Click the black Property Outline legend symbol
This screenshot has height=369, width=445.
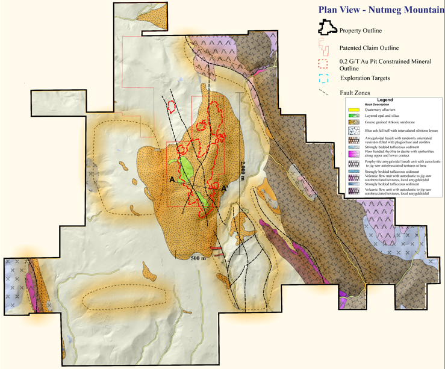(326, 29)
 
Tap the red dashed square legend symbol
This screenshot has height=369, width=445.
(324, 64)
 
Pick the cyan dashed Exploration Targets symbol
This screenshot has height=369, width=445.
(324, 78)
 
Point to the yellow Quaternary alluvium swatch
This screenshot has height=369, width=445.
(354, 110)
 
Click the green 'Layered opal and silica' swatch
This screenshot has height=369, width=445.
(354, 115)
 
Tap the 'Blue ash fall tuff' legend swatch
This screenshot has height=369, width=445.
(354, 130)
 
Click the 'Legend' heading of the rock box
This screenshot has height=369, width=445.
(385, 100)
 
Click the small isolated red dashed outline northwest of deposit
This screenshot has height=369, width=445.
(172, 107)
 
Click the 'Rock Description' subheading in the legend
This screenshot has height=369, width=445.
(378, 105)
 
